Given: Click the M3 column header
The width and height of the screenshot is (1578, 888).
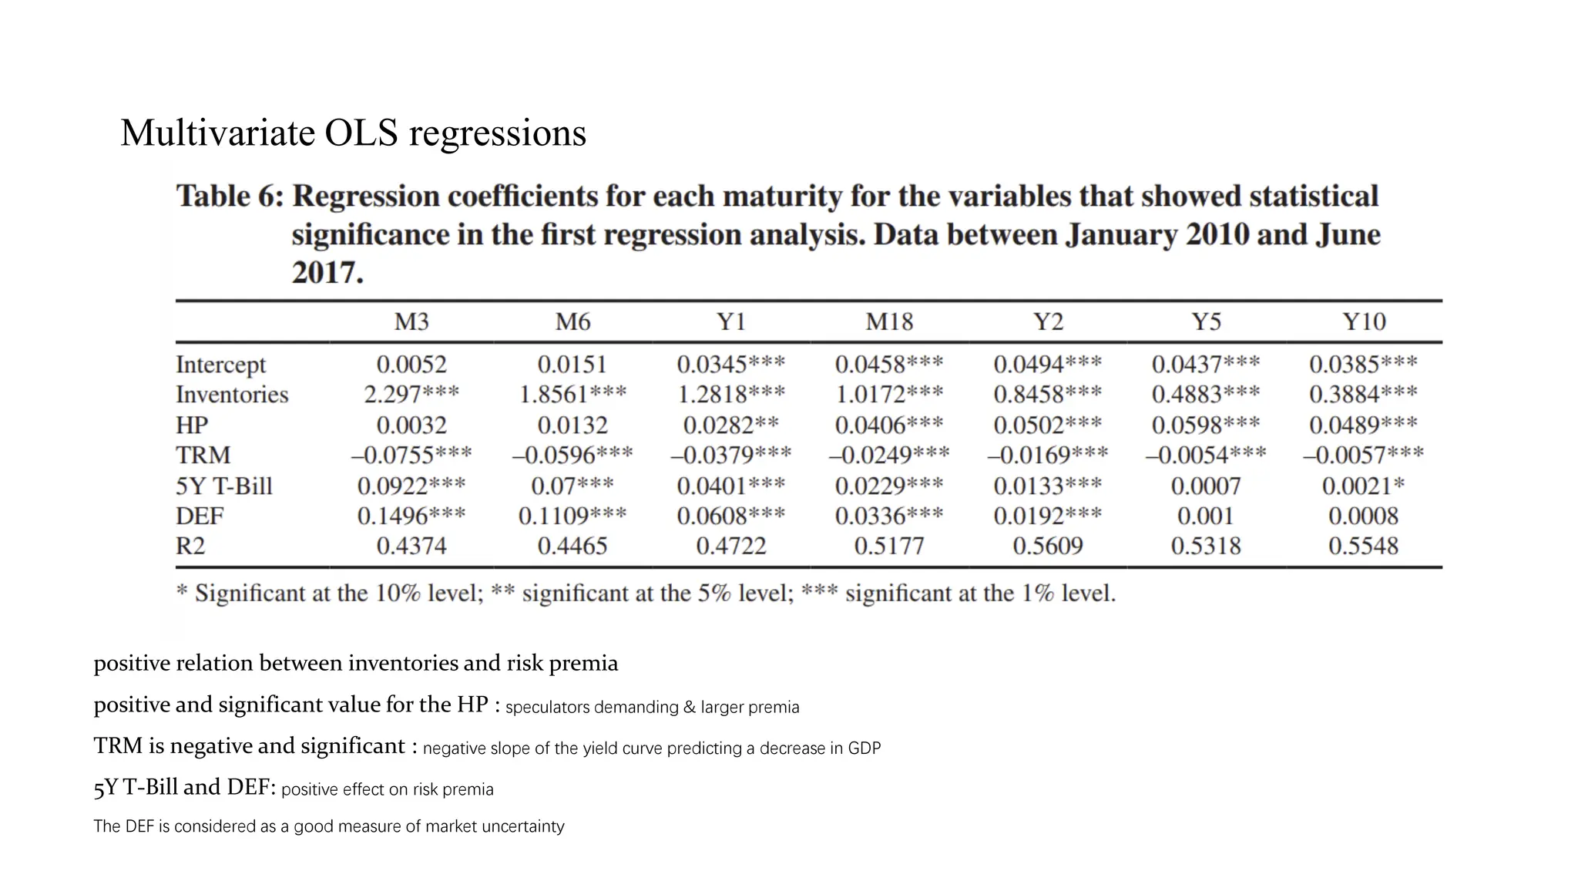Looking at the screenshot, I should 411,321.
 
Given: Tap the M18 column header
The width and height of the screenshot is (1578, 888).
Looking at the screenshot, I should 888,321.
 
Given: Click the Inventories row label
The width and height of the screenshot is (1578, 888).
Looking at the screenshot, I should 231,395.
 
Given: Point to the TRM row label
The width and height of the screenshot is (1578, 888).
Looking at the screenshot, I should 203,456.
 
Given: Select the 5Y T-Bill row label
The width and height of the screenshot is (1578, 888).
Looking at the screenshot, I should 223,486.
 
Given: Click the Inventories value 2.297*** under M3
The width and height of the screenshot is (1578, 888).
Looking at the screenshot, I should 411,395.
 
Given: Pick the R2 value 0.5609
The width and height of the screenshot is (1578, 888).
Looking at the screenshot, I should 1047,547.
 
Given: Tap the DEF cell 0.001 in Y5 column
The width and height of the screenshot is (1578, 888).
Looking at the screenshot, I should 1205,516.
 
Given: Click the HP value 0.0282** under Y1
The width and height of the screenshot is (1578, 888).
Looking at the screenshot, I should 730,425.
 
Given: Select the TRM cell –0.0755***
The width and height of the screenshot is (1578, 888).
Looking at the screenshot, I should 411,456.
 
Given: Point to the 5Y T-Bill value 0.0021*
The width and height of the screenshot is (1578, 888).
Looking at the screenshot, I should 1363,486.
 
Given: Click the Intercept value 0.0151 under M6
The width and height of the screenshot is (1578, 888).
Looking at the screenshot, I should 572,365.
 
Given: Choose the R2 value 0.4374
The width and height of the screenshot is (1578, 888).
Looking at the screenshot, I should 411,547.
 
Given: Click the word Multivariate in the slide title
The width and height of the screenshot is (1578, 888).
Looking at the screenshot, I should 217,133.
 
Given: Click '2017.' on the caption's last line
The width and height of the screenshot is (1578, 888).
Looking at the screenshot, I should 327,273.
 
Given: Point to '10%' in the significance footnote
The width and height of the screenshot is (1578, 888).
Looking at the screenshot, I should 398,594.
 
